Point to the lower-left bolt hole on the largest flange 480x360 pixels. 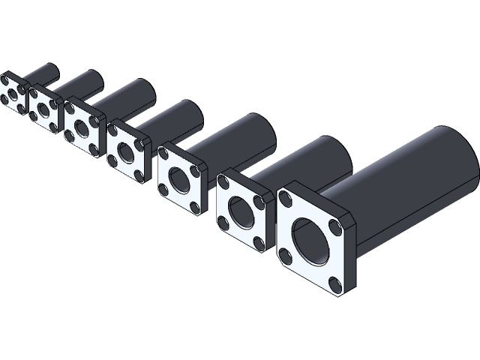click(x=286, y=257)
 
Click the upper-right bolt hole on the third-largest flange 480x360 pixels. click(x=196, y=172)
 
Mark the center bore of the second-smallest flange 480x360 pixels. click(x=43, y=108)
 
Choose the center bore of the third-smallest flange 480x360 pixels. click(x=80, y=124)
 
